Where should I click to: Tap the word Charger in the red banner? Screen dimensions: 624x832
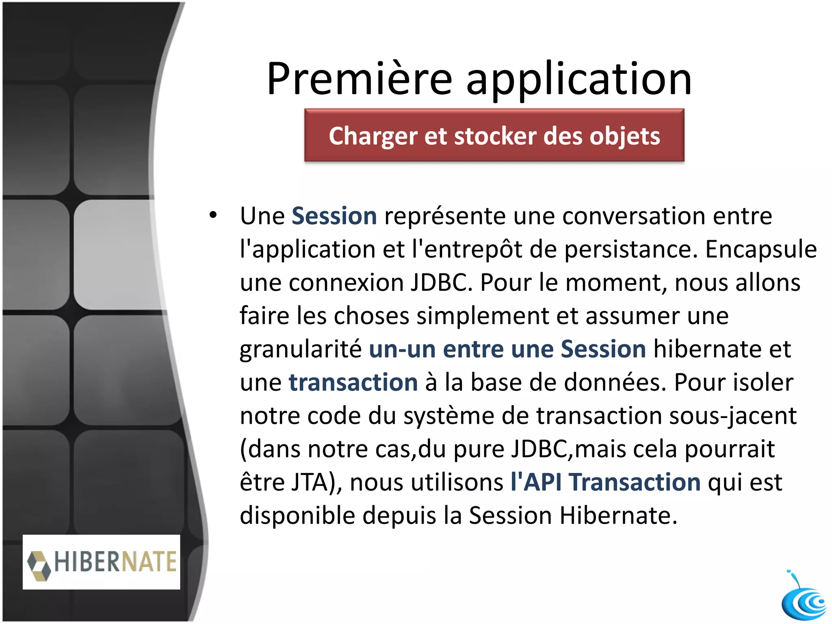373,136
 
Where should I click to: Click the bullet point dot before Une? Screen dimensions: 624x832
213,215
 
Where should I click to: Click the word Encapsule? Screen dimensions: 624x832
761,249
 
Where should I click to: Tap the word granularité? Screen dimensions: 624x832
301,349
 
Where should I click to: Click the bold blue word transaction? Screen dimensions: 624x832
353,383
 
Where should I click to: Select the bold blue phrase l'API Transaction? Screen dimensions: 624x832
605,483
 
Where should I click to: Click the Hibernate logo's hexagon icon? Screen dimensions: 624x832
39,565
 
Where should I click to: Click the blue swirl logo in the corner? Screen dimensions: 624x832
804,601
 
